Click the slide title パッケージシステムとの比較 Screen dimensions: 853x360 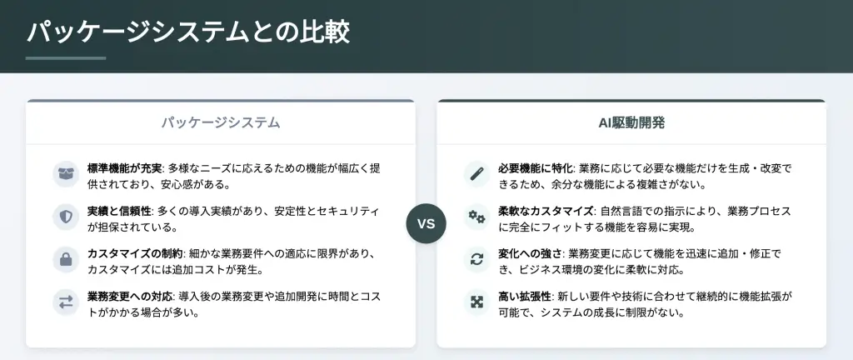point(187,32)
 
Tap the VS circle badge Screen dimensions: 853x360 point(426,223)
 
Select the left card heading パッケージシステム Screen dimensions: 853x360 point(220,122)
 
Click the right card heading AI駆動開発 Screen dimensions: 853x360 point(631,122)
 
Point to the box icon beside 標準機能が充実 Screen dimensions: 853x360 point(66,174)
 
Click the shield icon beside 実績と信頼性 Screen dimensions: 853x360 point(66,217)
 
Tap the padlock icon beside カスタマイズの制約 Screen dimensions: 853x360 point(66,259)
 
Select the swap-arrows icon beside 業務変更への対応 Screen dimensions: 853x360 point(66,302)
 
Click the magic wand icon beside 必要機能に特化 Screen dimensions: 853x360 point(477,174)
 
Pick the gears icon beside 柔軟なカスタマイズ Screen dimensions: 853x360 point(477,217)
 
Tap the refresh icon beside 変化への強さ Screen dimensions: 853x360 point(477,259)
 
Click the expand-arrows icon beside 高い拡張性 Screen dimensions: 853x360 point(477,302)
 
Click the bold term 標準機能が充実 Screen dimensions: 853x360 point(125,168)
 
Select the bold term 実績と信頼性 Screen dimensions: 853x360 point(119,211)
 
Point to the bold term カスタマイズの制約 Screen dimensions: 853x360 point(136,254)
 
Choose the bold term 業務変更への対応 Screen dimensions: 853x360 point(130,297)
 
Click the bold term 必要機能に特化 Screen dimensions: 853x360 point(536,168)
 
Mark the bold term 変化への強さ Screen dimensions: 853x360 point(531,254)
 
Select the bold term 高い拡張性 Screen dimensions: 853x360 point(525,297)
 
